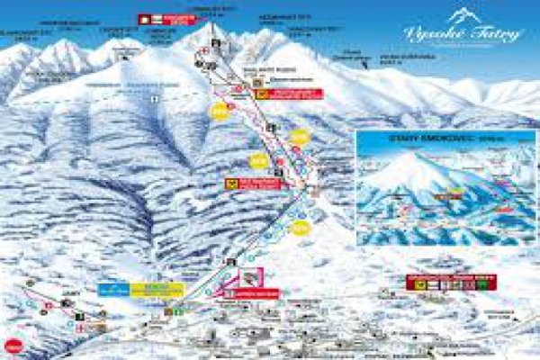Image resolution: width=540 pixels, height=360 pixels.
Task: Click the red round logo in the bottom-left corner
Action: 13,346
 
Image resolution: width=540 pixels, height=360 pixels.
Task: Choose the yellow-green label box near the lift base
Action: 157,290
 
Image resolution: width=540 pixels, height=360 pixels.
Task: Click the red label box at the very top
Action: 167,18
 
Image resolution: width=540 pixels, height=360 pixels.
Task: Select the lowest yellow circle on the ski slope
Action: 300,228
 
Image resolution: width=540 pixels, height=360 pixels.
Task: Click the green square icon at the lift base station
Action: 178,311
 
